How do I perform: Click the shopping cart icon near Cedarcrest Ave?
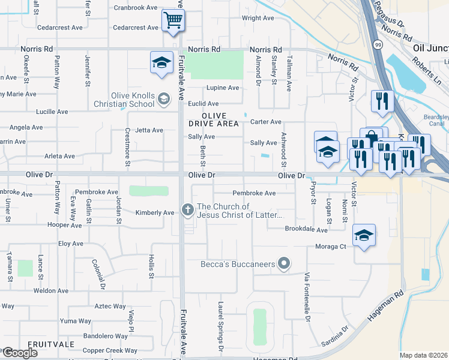click(x=173, y=21)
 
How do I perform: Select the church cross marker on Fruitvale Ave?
click(x=187, y=210)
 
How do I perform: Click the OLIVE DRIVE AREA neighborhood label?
click(x=214, y=119)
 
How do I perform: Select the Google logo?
click(x=20, y=353)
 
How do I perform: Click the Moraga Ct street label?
click(x=331, y=247)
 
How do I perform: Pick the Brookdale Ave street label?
click(x=306, y=230)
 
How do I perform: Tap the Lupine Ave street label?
click(x=223, y=88)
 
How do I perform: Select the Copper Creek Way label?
click(x=110, y=350)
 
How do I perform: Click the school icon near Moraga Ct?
click(x=364, y=236)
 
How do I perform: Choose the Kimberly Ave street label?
click(x=155, y=212)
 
